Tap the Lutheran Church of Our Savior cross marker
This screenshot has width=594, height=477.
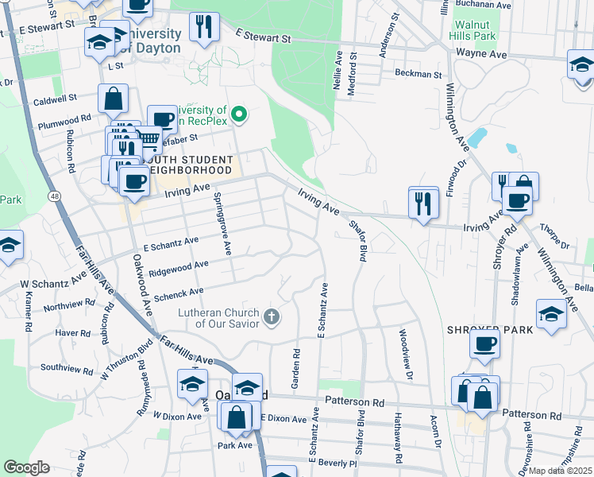272,318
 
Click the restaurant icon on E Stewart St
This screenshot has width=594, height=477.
204,27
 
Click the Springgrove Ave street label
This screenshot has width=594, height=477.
222,224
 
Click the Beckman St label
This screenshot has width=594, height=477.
418,75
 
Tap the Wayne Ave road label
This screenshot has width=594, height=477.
481,54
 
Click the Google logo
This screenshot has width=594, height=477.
27,467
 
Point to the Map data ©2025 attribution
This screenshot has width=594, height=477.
561,471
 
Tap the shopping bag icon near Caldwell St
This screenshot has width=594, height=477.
114,99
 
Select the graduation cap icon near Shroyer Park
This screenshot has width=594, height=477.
552,312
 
